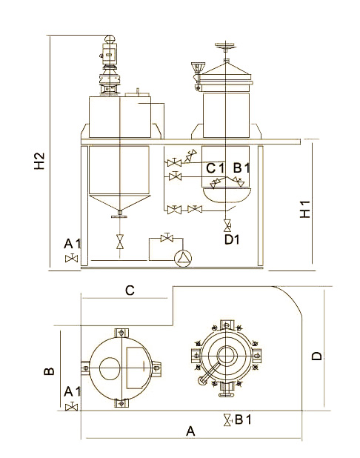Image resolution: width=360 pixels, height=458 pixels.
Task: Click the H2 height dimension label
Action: click(x=39, y=161)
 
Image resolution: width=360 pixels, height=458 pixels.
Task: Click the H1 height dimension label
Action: click(x=305, y=209)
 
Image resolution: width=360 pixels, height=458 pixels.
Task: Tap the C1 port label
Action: click(x=216, y=168)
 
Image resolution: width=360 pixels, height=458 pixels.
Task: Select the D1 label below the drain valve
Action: click(x=232, y=239)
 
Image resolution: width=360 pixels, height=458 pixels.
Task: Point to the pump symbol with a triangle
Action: click(x=183, y=259)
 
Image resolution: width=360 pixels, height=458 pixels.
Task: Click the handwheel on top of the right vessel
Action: click(x=225, y=45)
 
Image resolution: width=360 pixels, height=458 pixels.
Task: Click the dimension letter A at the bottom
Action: click(x=190, y=431)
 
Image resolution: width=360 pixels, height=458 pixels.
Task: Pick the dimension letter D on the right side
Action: click(x=316, y=356)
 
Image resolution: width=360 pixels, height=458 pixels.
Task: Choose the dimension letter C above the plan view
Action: click(x=130, y=291)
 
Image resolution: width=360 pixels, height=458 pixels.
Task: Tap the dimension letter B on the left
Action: click(x=49, y=371)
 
